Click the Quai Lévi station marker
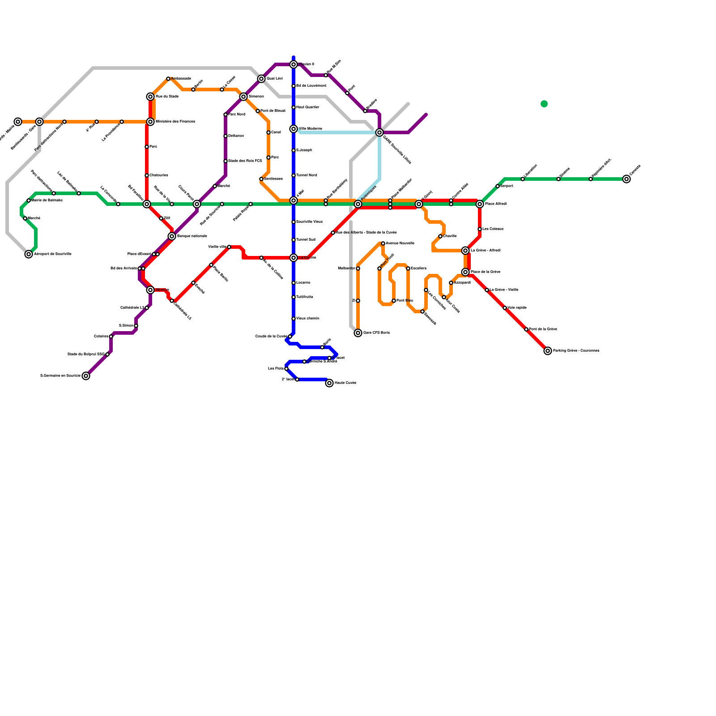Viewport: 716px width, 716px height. click(x=261, y=79)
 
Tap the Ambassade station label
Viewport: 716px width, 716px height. click(x=181, y=79)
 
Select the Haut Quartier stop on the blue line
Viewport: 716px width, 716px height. click(x=294, y=107)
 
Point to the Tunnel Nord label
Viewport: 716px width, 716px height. click(x=307, y=175)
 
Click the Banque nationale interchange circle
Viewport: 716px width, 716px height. click(x=172, y=236)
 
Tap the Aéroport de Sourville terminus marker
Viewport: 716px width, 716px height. click(x=29, y=254)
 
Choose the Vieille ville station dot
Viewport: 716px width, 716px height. click(x=229, y=247)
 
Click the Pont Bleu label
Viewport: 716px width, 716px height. click(x=405, y=301)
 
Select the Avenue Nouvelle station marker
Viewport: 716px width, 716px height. click(x=383, y=243)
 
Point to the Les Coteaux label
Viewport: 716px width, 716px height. click(x=493, y=229)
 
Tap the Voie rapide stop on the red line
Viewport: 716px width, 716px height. click(x=505, y=308)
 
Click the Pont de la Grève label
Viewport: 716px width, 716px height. click(x=543, y=329)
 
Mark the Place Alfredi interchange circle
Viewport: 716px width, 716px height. click(x=480, y=204)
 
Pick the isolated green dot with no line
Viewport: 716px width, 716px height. click(x=544, y=104)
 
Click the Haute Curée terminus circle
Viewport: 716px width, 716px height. click(x=329, y=383)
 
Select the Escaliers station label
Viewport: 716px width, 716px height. click(x=418, y=268)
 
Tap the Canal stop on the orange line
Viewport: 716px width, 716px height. click(x=268, y=132)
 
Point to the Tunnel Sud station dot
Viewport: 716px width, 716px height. click(x=294, y=240)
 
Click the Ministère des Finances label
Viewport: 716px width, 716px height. click(x=175, y=122)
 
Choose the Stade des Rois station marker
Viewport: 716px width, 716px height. click(x=226, y=161)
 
